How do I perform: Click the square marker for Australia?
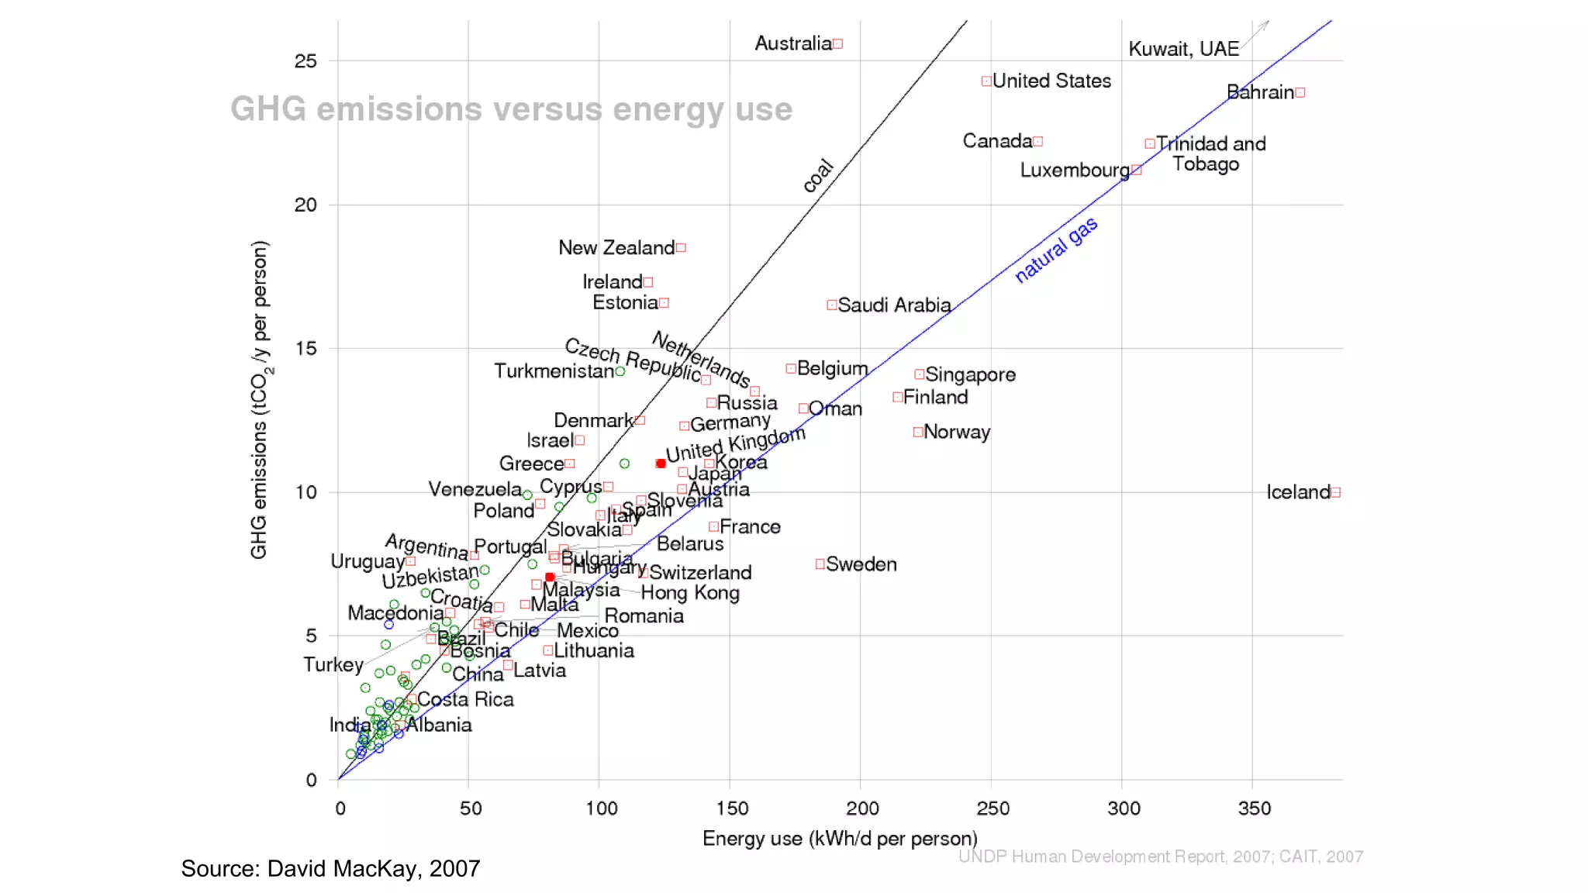point(837,44)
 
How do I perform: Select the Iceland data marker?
point(1335,492)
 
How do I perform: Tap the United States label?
point(1051,81)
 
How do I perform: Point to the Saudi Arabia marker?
point(831,305)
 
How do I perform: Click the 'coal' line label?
point(817,176)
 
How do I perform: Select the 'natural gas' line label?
point(1056,250)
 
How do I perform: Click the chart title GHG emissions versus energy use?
point(511,109)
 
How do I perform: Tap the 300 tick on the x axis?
point(1124,809)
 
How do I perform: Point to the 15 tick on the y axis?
point(306,349)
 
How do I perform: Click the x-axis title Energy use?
point(839,839)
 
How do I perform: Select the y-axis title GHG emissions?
point(260,399)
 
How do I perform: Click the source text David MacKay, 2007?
point(330,868)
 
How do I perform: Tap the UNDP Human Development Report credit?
point(1160,857)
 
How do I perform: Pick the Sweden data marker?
point(820,564)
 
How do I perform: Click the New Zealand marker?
point(681,248)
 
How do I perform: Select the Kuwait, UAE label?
point(1183,50)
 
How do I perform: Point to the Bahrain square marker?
point(1300,93)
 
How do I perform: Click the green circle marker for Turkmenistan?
point(620,372)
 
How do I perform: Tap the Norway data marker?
point(917,432)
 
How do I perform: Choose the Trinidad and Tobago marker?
point(1150,144)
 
